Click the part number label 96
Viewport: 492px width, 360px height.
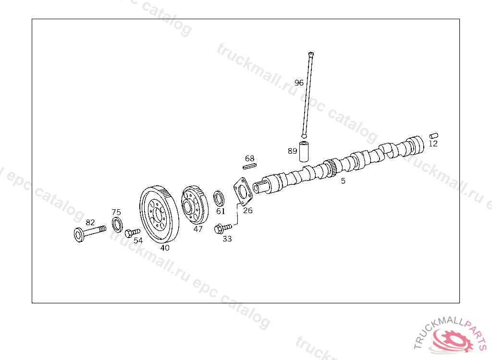[x=299, y=83]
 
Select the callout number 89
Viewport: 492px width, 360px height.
[x=293, y=151]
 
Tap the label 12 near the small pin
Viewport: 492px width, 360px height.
[x=433, y=144]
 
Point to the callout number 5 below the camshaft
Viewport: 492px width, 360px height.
[x=343, y=181]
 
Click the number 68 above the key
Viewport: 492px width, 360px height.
[x=249, y=158]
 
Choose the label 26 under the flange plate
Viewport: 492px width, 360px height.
[x=247, y=210]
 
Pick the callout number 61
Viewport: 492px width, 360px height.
[x=221, y=211]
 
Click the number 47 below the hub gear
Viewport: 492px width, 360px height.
[x=198, y=229]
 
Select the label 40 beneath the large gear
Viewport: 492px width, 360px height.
[x=165, y=248]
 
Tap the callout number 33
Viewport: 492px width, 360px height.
[x=227, y=239]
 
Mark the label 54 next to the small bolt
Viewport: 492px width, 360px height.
[x=138, y=240]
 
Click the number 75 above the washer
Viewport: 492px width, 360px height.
[x=116, y=212]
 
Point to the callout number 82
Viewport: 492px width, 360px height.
[x=90, y=222]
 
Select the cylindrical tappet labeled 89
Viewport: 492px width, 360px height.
[x=305, y=151]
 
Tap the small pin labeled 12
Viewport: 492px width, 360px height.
[x=434, y=135]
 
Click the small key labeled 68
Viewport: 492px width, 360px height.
[x=249, y=167]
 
